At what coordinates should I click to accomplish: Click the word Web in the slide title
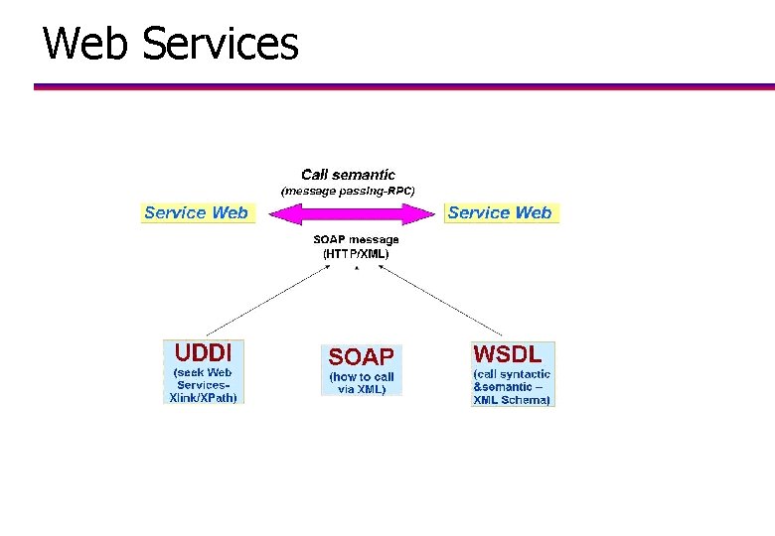(x=88, y=44)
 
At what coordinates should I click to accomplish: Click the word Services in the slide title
(x=220, y=44)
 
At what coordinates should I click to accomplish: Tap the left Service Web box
(x=197, y=212)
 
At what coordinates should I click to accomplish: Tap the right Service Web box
(x=500, y=212)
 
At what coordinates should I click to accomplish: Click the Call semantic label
(x=348, y=175)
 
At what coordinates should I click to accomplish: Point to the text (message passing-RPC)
(x=348, y=190)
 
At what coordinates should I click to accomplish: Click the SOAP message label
(x=356, y=239)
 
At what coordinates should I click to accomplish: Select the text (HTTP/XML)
(x=356, y=253)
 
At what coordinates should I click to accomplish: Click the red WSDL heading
(x=508, y=354)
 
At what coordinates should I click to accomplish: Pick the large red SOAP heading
(x=361, y=357)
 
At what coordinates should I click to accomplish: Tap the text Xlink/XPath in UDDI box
(x=204, y=397)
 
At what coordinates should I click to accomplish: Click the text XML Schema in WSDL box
(x=512, y=400)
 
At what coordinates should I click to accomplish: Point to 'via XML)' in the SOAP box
(x=362, y=389)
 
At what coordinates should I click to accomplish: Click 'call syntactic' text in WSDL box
(x=513, y=374)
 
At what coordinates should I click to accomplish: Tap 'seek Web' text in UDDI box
(x=204, y=372)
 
